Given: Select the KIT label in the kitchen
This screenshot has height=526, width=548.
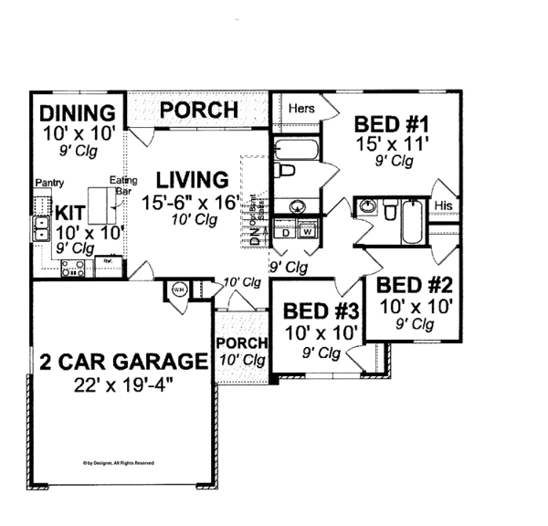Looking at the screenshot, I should [x=70, y=211].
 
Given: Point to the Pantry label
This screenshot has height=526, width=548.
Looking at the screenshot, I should [x=48, y=184].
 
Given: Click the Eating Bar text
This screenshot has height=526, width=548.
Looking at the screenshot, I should [x=123, y=186].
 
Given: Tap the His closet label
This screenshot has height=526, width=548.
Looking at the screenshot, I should [x=444, y=205].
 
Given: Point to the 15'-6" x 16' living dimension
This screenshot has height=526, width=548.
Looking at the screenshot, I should [x=190, y=202].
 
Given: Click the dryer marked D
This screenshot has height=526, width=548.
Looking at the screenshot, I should [x=286, y=232].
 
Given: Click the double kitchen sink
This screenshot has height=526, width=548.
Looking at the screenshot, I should [x=41, y=228].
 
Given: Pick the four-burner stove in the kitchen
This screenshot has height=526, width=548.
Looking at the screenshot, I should [x=72, y=268].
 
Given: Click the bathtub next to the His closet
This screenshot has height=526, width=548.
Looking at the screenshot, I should [x=411, y=222].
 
